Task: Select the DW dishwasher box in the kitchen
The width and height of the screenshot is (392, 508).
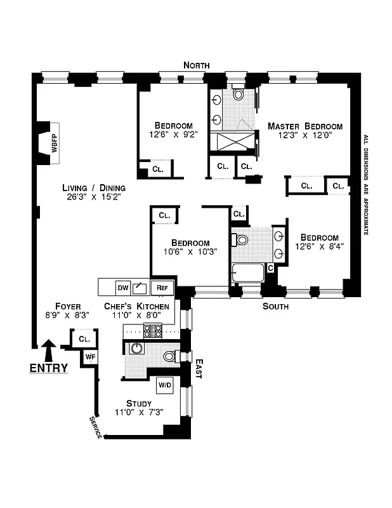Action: coord(123,288)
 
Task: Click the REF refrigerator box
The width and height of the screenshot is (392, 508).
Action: coord(162,288)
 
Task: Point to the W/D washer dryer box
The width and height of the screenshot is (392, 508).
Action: coord(164,385)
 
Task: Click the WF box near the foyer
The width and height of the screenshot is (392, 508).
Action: coord(90,357)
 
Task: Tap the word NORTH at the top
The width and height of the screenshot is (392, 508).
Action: coord(196,65)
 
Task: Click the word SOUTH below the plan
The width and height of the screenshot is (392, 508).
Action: coord(275,307)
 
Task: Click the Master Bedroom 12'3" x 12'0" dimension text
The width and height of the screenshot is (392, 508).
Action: coord(304,135)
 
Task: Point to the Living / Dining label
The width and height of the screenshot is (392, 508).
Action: coord(94,188)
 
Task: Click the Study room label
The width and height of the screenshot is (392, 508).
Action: coord(138,403)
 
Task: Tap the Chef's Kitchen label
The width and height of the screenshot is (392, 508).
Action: coord(136,307)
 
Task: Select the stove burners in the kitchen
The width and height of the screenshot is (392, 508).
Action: coord(153,331)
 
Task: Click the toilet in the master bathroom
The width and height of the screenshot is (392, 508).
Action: coord(238,94)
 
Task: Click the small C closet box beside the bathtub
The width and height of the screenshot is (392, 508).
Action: coord(270,268)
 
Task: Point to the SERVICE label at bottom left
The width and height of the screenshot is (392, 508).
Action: coord(95,429)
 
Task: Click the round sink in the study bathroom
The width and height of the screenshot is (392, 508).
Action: coord(135,349)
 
